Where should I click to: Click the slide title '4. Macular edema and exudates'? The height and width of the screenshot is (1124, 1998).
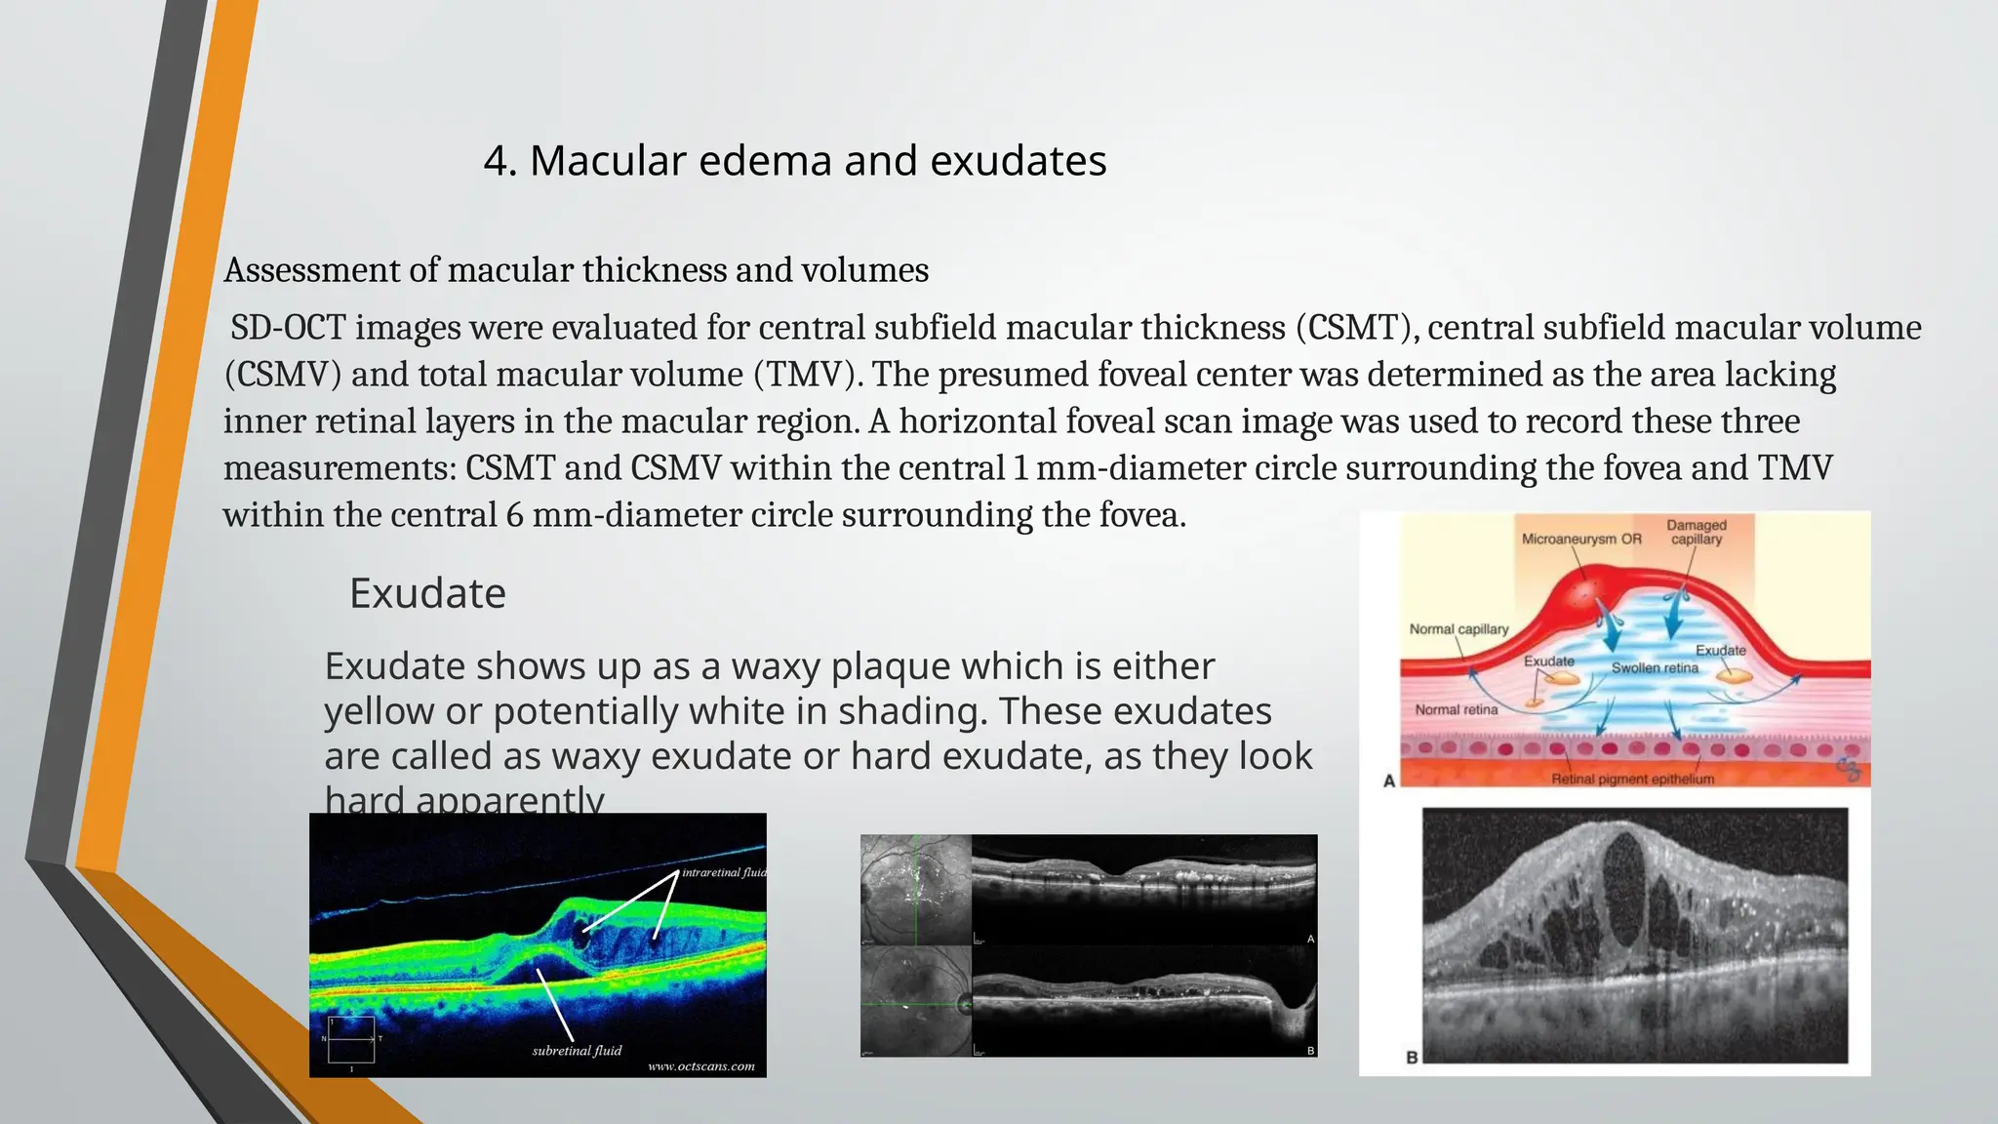[795, 161]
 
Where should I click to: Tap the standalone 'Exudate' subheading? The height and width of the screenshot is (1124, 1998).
[427, 593]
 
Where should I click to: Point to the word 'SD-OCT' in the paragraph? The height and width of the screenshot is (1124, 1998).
[288, 328]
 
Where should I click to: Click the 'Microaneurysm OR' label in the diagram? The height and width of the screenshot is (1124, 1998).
[1581, 539]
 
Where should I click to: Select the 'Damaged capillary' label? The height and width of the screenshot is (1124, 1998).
[1696, 532]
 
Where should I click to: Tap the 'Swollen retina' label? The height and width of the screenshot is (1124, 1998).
[1655, 668]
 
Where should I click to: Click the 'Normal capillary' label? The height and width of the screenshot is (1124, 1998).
[1459, 629]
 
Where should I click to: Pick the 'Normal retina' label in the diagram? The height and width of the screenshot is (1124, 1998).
[1456, 710]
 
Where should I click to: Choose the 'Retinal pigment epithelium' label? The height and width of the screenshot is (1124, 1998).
[1632, 779]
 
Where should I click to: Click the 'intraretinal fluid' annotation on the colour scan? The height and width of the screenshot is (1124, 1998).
[724, 872]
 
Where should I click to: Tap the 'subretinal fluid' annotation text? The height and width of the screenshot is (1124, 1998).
[577, 1051]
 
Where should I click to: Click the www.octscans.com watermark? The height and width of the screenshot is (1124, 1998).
[701, 1066]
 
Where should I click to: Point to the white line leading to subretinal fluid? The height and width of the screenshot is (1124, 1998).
[554, 1005]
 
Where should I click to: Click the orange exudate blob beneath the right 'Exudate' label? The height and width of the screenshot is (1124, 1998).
[1734, 674]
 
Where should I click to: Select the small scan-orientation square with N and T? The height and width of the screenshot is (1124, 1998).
[350, 1040]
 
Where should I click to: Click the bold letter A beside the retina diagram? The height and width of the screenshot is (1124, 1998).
[1389, 781]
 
